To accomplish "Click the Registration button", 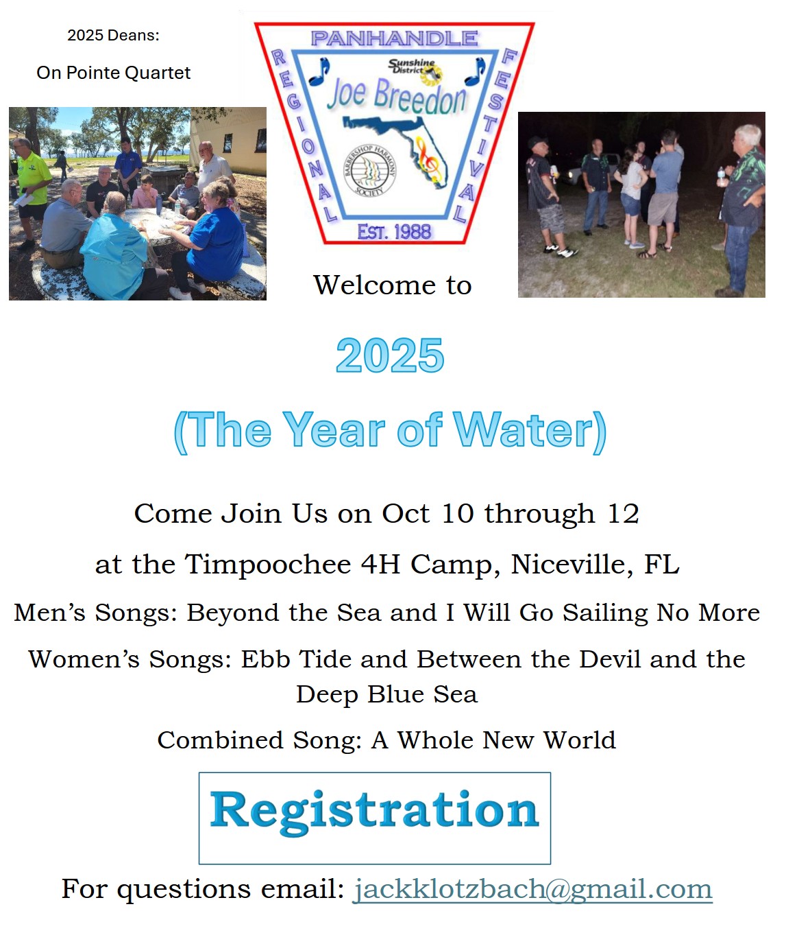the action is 375,818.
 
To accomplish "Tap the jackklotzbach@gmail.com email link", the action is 532,890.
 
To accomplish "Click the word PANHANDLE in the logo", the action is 394,38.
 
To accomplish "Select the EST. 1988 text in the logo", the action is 394,232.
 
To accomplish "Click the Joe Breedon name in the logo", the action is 397,96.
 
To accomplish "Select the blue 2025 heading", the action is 390,356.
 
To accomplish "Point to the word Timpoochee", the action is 269,565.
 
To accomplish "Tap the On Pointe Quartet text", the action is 113,73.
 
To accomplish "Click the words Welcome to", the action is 393,285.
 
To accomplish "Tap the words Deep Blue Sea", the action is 387,694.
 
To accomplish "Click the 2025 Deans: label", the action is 113,36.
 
